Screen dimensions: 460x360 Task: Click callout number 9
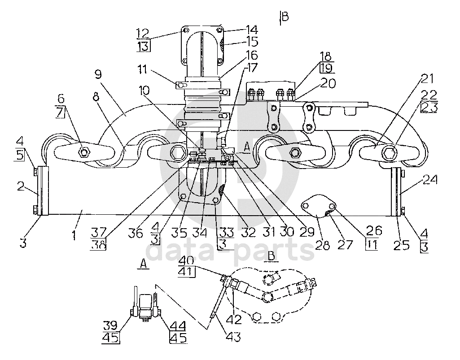coord(98,74)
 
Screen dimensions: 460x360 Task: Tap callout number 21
coord(427,78)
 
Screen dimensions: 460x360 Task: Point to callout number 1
coord(74,235)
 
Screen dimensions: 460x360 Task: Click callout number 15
coord(252,42)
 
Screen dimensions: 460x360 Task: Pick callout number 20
coord(328,83)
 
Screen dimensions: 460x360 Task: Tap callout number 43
coord(234,337)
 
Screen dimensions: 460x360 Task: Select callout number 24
coord(430,179)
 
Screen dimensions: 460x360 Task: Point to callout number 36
coord(136,233)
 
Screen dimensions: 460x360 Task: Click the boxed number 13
coord(144,46)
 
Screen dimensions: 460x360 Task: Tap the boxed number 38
coord(98,244)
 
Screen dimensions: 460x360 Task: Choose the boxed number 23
coord(429,107)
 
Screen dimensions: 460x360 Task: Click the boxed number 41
coord(187,272)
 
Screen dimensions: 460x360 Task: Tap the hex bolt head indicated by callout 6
coord(84,152)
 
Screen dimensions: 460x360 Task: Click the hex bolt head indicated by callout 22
coord(389,152)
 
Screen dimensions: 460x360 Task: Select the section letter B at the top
coord(285,17)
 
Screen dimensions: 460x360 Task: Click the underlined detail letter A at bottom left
coord(143,264)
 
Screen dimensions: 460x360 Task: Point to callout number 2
coord(21,186)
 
